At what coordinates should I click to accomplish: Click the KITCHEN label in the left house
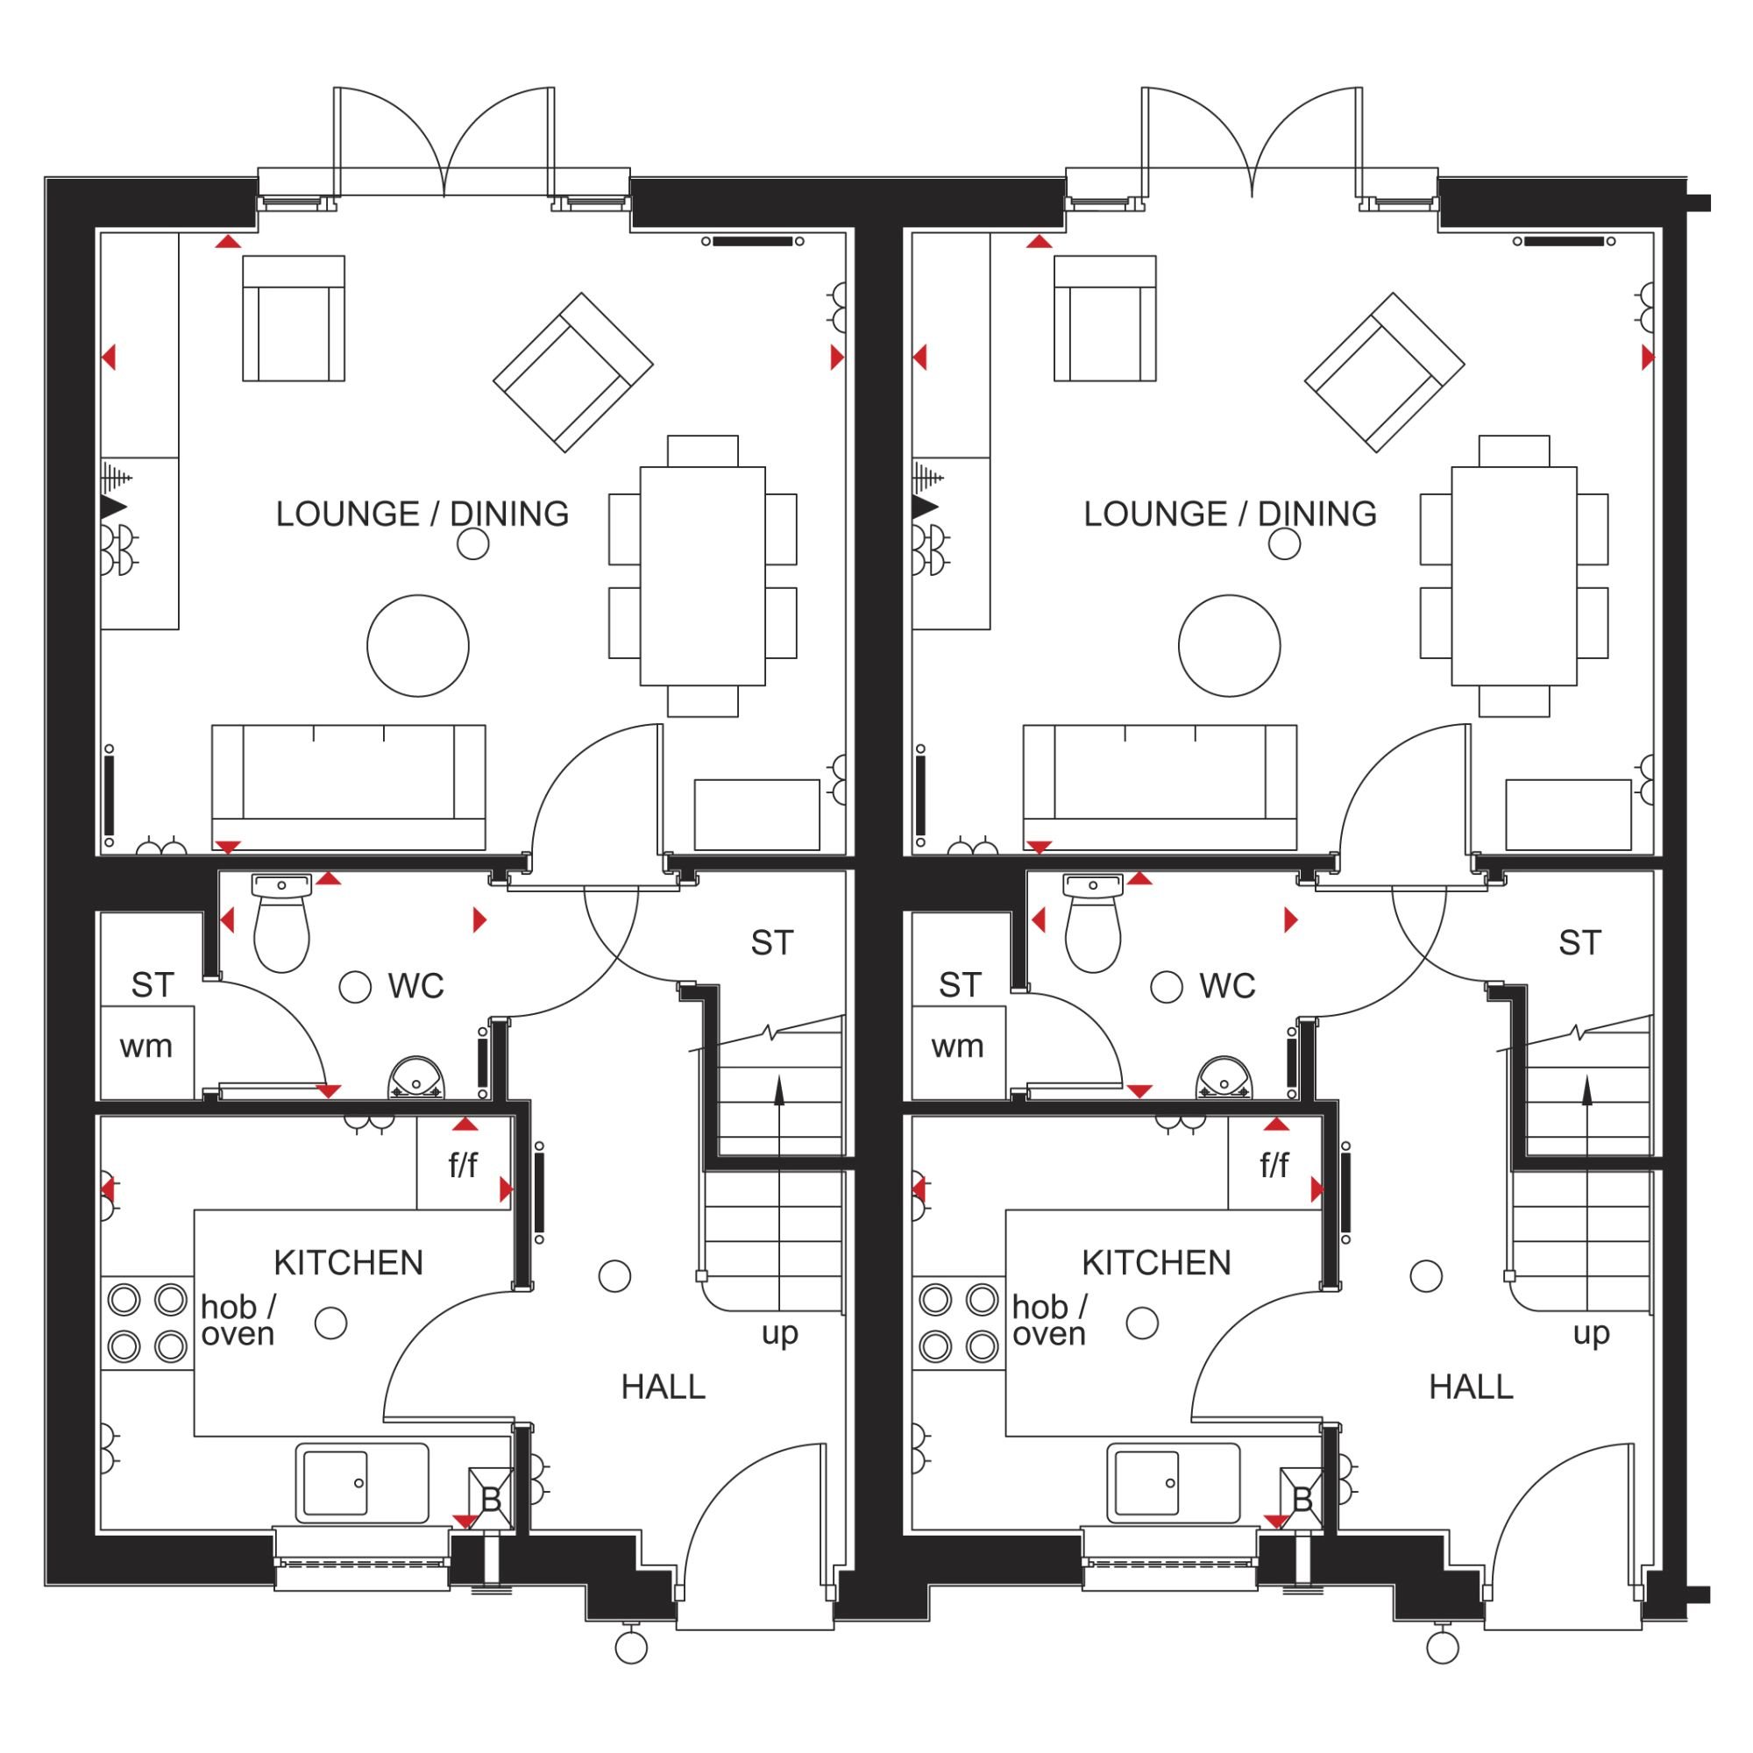pyautogui.click(x=349, y=1262)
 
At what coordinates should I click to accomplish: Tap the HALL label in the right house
pyautogui.click(x=1471, y=1387)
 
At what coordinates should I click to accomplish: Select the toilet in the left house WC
pyautogui.click(x=281, y=923)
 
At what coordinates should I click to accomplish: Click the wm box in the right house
pyautogui.click(x=958, y=1052)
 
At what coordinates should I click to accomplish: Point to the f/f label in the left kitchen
pyautogui.click(x=463, y=1165)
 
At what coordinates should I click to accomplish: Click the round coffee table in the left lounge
pyautogui.click(x=418, y=646)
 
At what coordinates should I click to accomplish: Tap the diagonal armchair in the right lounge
pyautogui.click(x=1384, y=372)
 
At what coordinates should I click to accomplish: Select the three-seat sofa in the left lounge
pyautogui.click(x=349, y=787)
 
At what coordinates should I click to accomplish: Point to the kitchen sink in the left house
pyautogui.click(x=362, y=1484)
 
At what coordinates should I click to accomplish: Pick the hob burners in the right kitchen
pyautogui.click(x=958, y=1322)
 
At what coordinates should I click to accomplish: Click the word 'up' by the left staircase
pyautogui.click(x=779, y=1334)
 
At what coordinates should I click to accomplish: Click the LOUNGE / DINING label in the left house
pyautogui.click(x=422, y=514)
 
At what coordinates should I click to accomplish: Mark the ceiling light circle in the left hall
pyautogui.click(x=615, y=1275)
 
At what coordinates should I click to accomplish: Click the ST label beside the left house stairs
pyautogui.click(x=772, y=944)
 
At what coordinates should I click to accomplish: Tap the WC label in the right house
pyautogui.click(x=1227, y=985)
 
